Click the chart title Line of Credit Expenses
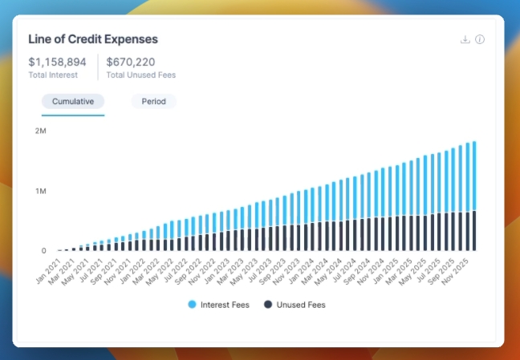tap(93, 38)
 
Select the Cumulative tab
tap(73, 102)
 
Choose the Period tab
tap(153, 102)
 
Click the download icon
tap(465, 39)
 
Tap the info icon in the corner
tap(480, 39)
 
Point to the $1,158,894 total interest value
tap(59, 61)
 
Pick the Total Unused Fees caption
tap(140, 75)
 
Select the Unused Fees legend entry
tap(301, 305)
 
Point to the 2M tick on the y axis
tap(40, 130)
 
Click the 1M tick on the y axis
tap(40, 191)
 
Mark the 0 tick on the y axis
tap(44, 251)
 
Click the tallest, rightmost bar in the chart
tap(474, 196)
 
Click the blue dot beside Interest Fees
tap(193, 305)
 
